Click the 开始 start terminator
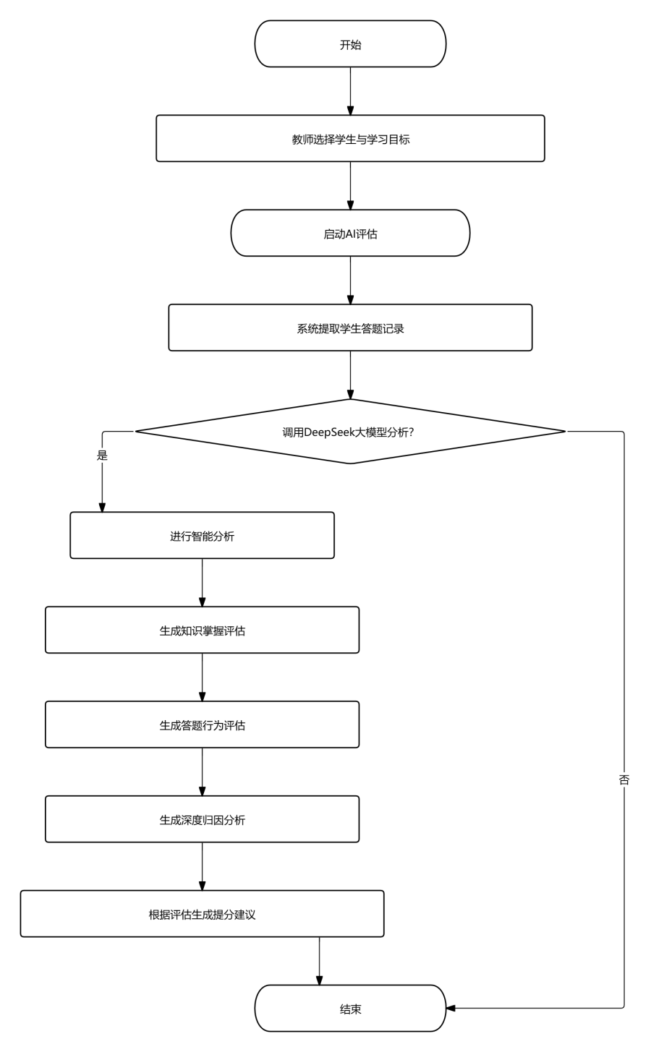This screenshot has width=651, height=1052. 350,43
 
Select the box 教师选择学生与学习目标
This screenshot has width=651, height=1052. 350,139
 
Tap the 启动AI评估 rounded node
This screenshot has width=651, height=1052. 350,233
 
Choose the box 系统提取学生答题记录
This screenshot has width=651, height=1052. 350,328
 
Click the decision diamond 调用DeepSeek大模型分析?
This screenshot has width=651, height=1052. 350,432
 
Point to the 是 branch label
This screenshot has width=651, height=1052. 102,455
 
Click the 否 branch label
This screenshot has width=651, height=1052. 624,779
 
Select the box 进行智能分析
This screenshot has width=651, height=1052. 202,535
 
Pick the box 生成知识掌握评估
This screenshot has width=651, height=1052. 202,630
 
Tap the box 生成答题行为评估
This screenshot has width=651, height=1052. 202,724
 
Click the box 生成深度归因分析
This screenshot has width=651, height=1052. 202,819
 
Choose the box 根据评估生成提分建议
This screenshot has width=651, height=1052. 202,914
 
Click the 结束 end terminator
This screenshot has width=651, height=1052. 350,1009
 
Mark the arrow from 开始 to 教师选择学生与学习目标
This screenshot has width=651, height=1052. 350,91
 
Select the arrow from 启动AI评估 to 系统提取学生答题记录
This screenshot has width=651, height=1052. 350,281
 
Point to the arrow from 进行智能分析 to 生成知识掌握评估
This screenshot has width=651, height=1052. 202,583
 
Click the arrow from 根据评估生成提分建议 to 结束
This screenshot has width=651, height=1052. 320,962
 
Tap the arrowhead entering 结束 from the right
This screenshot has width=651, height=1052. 451,1008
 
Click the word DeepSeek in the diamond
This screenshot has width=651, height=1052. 328,432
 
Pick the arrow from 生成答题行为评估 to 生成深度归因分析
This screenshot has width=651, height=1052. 202,772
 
